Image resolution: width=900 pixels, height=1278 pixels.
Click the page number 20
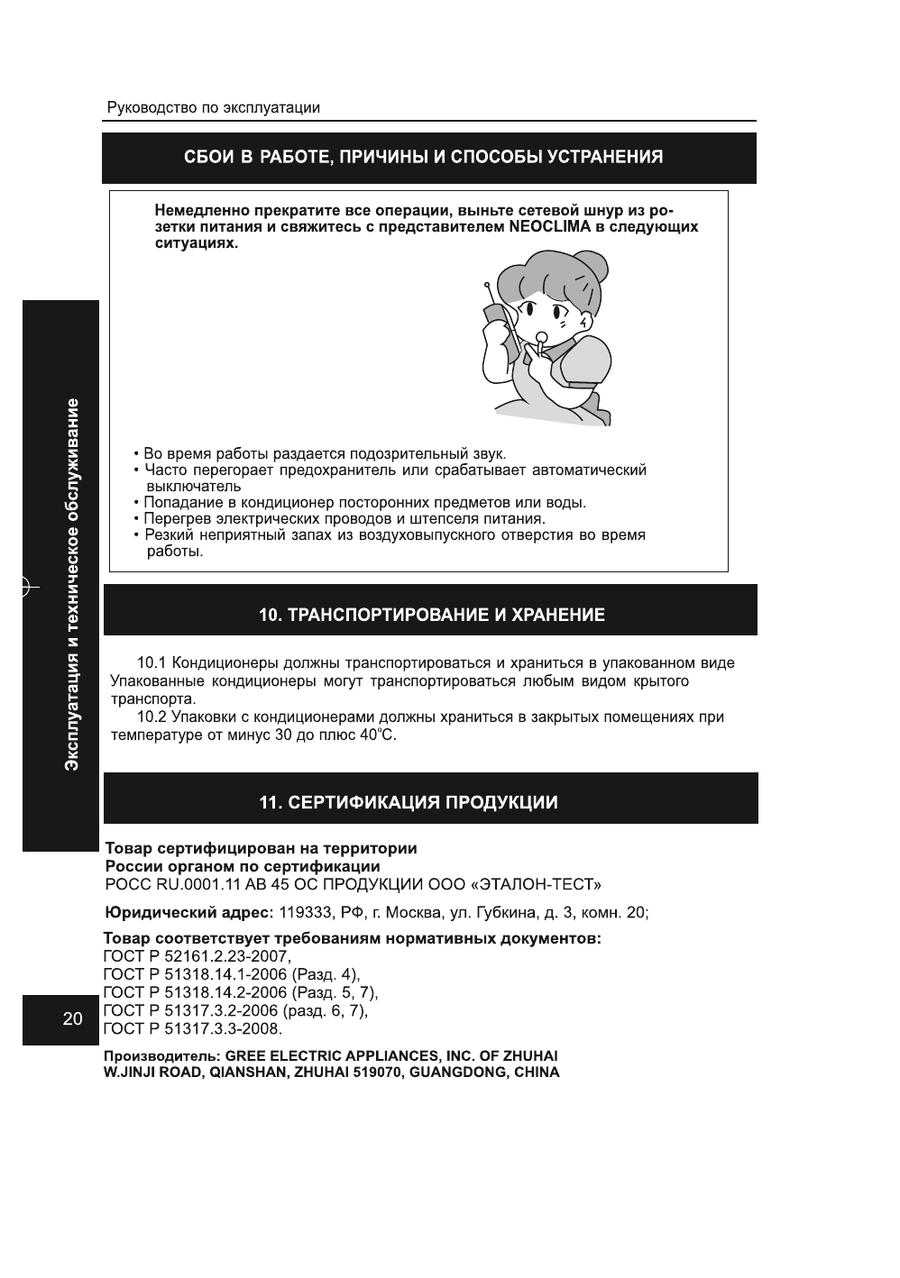point(72,1019)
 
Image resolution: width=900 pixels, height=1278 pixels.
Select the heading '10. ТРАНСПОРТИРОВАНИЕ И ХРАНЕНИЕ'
point(431,616)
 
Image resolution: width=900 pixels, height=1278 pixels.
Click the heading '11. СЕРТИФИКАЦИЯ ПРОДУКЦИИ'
point(409,803)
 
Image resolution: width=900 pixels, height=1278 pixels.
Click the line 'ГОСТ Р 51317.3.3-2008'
point(193,1028)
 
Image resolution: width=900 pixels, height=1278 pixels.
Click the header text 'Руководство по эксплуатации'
point(213,108)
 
